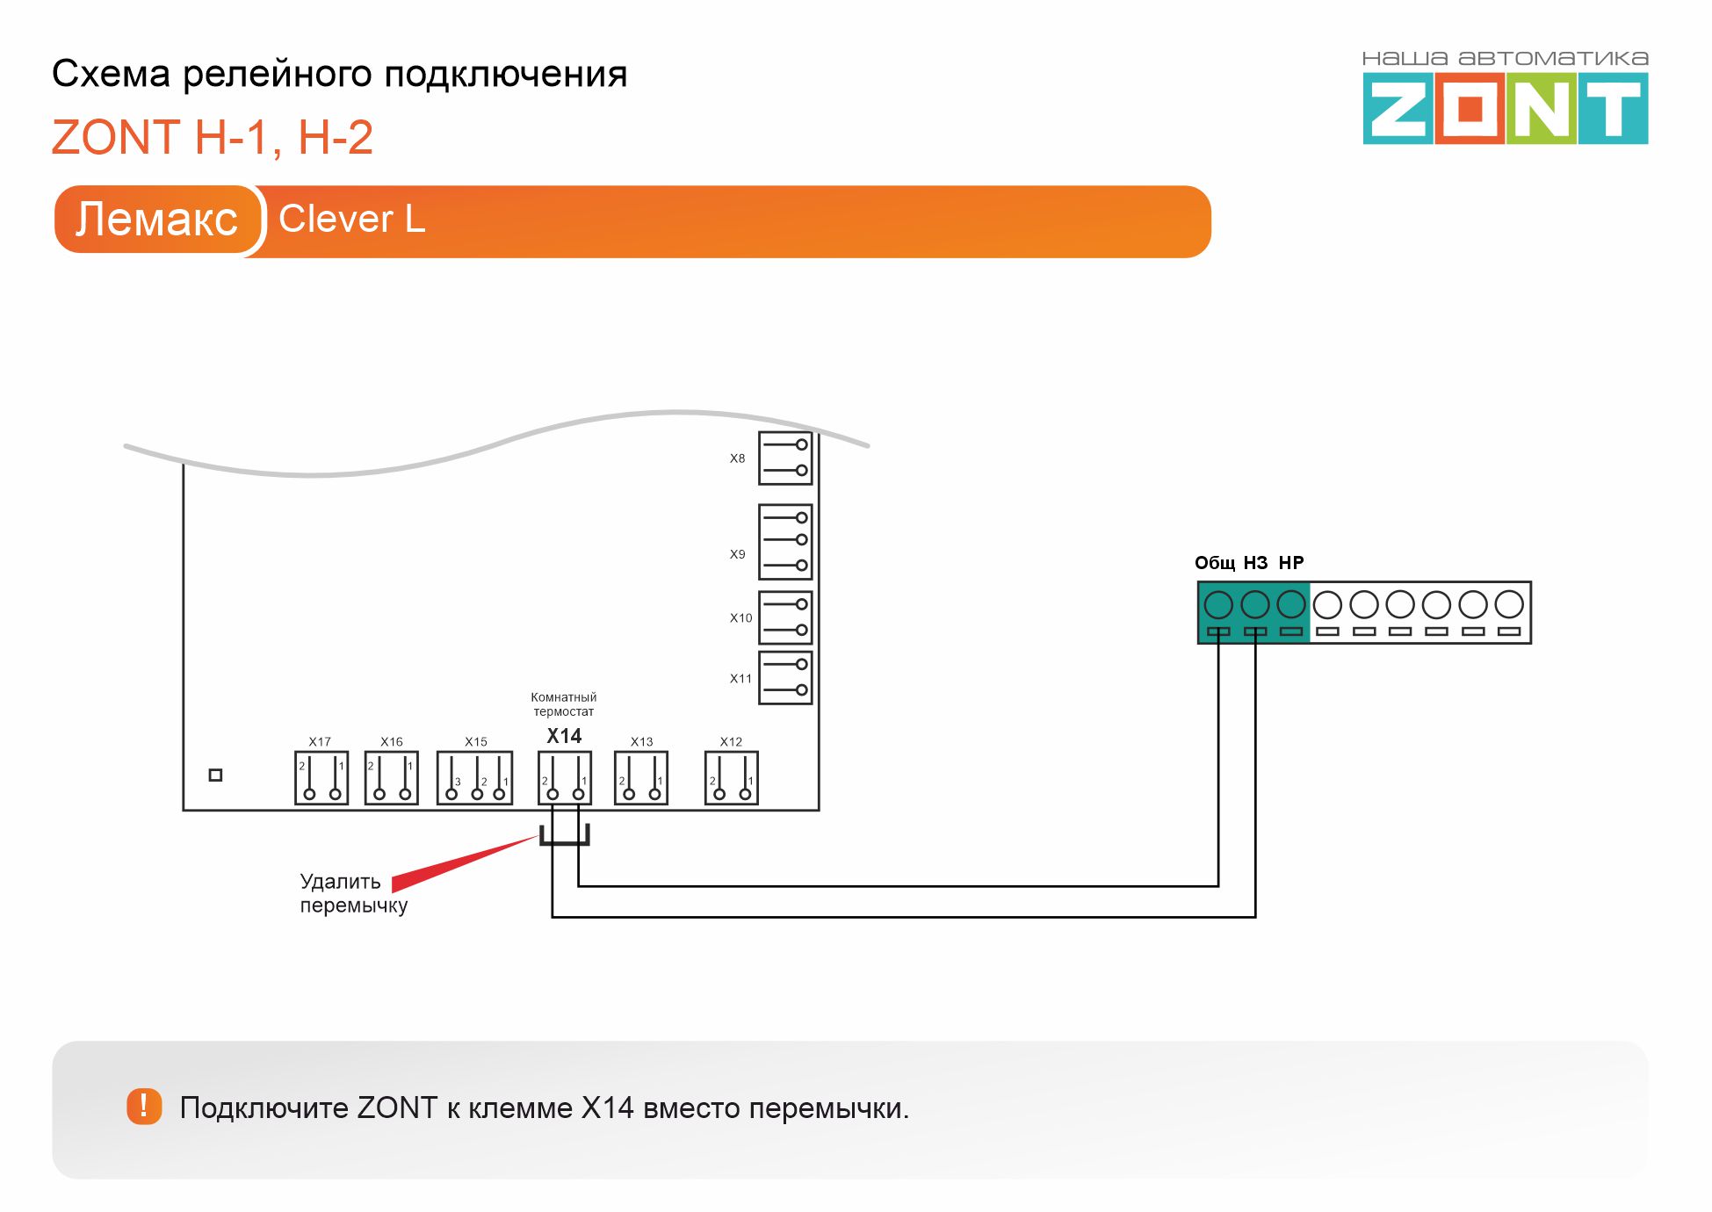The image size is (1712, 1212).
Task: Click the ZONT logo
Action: click(1505, 108)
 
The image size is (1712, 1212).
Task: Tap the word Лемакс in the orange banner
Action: click(156, 219)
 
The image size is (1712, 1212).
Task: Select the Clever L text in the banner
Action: click(351, 219)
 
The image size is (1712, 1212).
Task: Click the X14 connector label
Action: click(564, 736)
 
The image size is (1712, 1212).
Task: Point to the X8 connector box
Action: click(785, 458)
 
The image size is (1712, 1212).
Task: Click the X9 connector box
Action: click(785, 541)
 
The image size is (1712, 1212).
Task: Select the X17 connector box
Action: click(321, 777)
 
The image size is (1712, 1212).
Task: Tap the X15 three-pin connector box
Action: click(475, 777)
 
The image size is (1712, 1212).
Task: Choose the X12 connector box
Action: click(731, 777)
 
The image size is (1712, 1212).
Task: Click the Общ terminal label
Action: click(1214, 563)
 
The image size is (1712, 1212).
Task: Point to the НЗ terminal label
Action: click(1255, 563)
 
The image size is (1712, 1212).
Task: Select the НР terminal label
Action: click(1291, 563)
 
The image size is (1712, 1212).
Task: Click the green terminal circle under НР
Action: click(1291, 604)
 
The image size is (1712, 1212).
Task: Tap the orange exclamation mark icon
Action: click(144, 1107)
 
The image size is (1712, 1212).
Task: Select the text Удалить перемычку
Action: click(353, 893)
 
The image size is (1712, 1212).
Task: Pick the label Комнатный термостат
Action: click(564, 704)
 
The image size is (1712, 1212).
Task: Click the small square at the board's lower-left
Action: click(215, 775)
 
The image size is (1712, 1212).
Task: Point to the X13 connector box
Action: click(641, 777)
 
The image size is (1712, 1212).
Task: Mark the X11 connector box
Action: click(785, 677)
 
